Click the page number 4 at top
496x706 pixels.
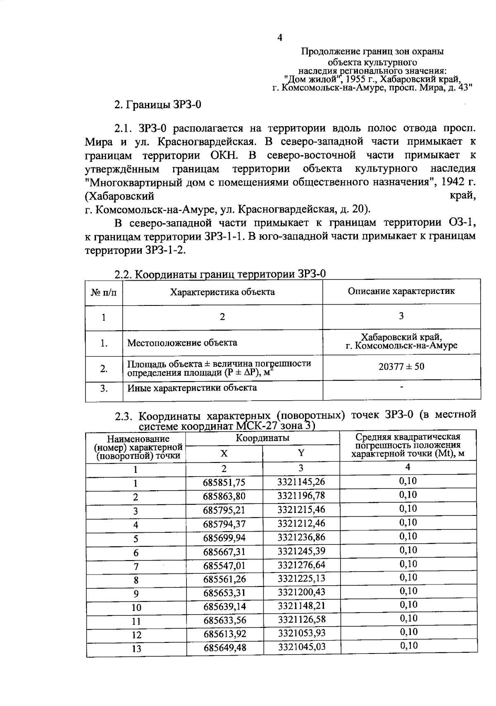click(x=280, y=38)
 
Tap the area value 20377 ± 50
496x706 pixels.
click(x=401, y=367)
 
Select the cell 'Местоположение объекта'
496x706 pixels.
click(x=182, y=343)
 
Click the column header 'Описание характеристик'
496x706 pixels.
click(x=401, y=291)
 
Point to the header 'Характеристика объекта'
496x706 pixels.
click(x=222, y=292)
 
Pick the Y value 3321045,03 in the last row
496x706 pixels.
click(x=301, y=646)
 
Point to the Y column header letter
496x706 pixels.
click(x=301, y=453)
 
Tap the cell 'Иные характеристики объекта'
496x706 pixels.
click(x=192, y=388)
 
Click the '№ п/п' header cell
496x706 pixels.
click(x=104, y=293)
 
